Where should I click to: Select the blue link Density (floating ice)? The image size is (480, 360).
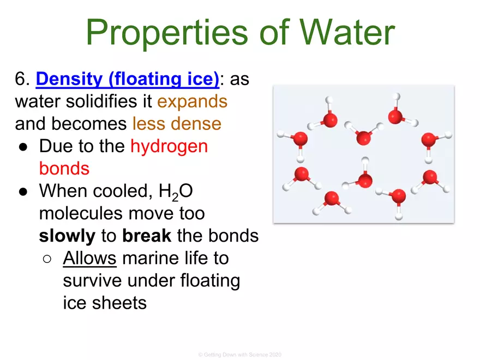pos(128,80)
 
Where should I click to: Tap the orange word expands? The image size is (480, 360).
pos(192,102)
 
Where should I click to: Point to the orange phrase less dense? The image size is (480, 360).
pos(177,124)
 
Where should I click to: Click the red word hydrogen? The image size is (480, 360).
pos(169,146)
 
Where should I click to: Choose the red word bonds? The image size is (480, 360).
pos(64,168)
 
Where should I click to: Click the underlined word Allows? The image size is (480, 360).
pos(90,257)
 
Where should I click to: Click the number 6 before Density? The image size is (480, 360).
pos(20,80)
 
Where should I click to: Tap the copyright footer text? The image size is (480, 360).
pos(240,355)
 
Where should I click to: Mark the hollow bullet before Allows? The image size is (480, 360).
pos(47,258)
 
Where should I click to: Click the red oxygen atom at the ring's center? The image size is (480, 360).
pos(365,180)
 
